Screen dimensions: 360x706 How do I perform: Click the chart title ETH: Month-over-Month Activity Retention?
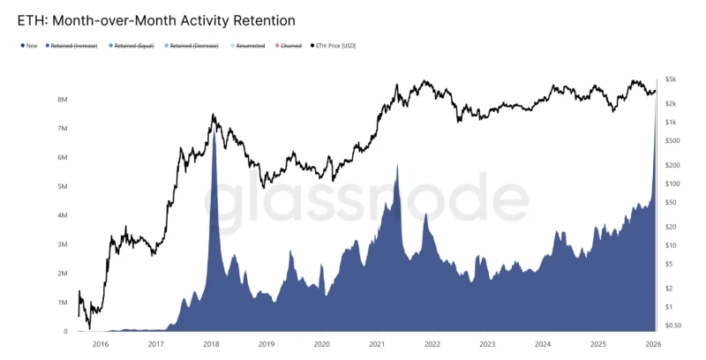156,19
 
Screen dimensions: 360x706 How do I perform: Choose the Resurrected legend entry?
251,45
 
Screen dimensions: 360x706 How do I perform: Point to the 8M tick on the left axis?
63,100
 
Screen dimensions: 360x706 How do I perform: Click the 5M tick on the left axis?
63,187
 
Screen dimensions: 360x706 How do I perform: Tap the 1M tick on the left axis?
63,303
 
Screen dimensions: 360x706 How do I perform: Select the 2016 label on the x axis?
101,344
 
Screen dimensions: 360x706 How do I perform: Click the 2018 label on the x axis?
211,344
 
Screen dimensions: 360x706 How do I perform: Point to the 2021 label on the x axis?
377,344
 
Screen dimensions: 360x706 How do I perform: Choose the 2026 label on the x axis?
654,344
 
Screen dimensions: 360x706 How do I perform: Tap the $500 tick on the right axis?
672,140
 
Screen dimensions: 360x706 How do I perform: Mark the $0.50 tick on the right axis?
673,325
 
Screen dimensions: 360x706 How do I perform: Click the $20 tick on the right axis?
672,227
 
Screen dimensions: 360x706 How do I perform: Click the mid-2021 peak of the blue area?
398,165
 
